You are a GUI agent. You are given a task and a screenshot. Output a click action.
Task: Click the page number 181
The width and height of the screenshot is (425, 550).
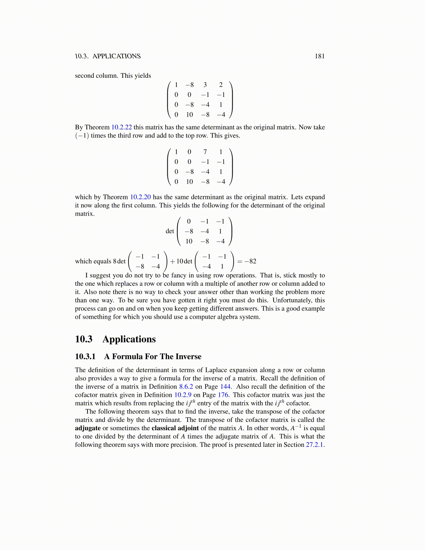pyautogui.click(x=319, y=56)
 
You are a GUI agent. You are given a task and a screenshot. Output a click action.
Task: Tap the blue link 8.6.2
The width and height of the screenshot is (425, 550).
pyautogui.click(x=186, y=387)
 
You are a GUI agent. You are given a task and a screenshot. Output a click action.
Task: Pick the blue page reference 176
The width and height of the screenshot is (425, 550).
pyautogui.click(x=223, y=395)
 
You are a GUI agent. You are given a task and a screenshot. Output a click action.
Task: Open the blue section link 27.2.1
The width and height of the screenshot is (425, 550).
pyautogui.click(x=315, y=445)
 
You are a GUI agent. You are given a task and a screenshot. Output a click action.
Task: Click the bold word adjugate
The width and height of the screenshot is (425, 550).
pyautogui.click(x=87, y=428)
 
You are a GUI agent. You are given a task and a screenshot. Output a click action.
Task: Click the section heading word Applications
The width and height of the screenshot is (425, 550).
pyautogui.click(x=129, y=339)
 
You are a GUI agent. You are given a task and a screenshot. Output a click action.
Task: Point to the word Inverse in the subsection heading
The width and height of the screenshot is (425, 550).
pyautogui.click(x=188, y=357)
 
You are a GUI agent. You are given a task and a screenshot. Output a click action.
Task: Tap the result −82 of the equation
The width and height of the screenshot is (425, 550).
pyautogui.click(x=250, y=261)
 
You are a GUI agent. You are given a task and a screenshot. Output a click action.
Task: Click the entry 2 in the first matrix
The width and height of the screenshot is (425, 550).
pyautogui.click(x=221, y=85)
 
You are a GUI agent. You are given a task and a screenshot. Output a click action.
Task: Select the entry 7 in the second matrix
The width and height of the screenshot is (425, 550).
pyautogui.click(x=205, y=152)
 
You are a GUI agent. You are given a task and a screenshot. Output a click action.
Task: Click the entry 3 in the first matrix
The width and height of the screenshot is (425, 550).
pyautogui.click(x=205, y=85)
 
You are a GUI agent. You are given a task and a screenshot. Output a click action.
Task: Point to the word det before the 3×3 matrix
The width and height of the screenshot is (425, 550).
pyautogui.click(x=170, y=231)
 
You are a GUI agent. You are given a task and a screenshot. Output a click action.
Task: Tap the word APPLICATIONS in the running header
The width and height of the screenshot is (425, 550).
pyautogui.click(x=116, y=56)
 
